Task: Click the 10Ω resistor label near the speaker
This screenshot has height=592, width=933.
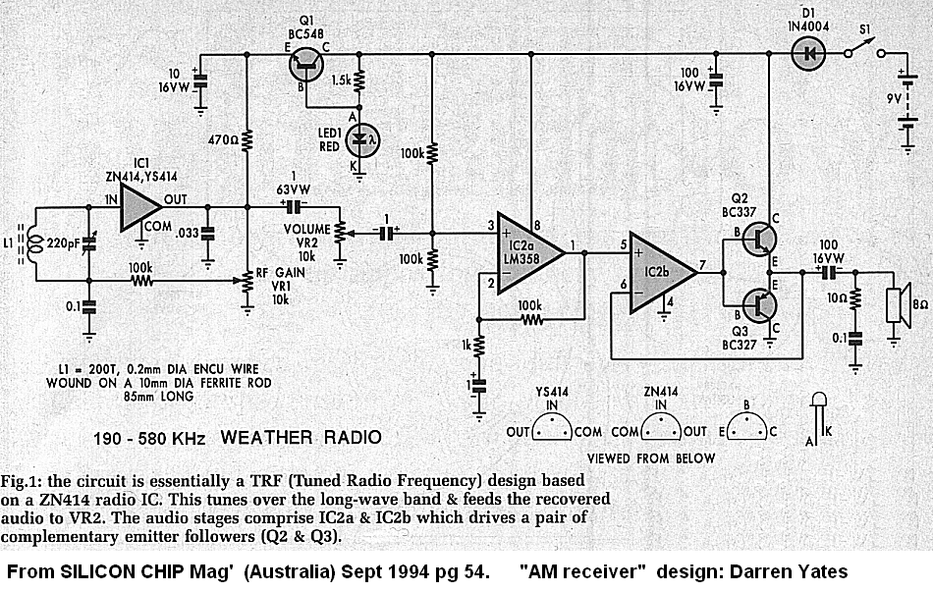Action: click(x=835, y=296)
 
